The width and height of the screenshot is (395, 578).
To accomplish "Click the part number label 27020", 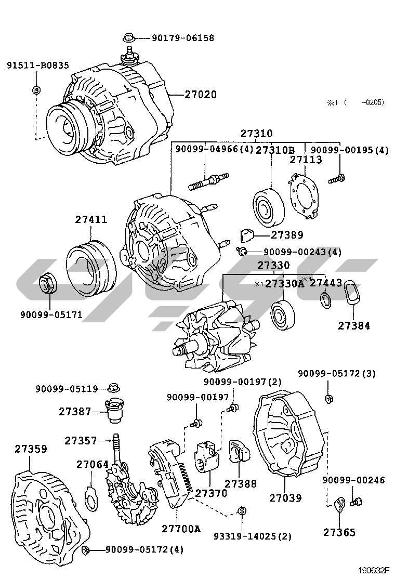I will click(200, 95).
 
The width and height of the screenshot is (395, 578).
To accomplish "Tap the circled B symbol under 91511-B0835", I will click(36, 90).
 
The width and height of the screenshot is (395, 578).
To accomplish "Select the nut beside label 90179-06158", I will click(128, 37).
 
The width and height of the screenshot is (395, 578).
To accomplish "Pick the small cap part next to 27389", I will click(246, 234).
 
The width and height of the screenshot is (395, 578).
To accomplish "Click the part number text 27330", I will click(273, 265).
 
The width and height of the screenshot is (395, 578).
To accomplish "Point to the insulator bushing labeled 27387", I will click(113, 411).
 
